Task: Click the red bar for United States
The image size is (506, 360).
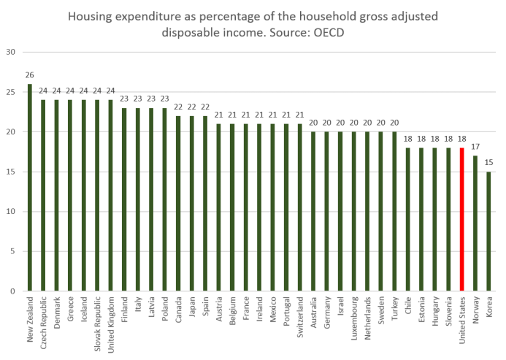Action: pyautogui.click(x=461, y=219)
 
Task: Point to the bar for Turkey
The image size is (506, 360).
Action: pyautogui.click(x=394, y=211)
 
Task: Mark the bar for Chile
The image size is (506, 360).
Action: pyautogui.click(x=408, y=219)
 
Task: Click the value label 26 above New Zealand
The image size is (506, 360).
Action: pyautogui.click(x=29, y=75)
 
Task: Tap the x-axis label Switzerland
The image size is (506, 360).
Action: pyautogui.click(x=299, y=315)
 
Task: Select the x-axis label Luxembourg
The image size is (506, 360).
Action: pyautogui.click(x=354, y=316)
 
